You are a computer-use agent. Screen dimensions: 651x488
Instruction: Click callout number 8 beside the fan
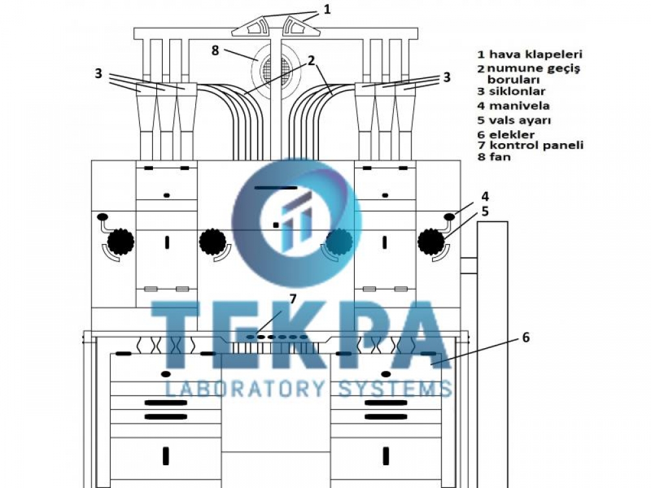(x=215, y=51)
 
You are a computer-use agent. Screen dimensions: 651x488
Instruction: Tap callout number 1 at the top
(x=327, y=9)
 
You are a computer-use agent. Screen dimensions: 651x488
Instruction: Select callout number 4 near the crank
(x=484, y=197)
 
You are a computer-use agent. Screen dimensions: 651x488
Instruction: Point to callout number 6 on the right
(x=525, y=337)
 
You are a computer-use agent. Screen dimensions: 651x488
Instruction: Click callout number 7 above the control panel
(x=293, y=299)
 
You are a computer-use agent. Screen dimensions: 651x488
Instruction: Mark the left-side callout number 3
(x=98, y=74)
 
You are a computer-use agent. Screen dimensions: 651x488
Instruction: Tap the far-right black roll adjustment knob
(x=431, y=241)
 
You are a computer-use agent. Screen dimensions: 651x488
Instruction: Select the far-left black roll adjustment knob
(x=121, y=241)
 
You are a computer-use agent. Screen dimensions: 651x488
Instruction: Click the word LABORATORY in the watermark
(x=245, y=389)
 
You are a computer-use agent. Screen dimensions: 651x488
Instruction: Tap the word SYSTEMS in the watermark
(x=395, y=389)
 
